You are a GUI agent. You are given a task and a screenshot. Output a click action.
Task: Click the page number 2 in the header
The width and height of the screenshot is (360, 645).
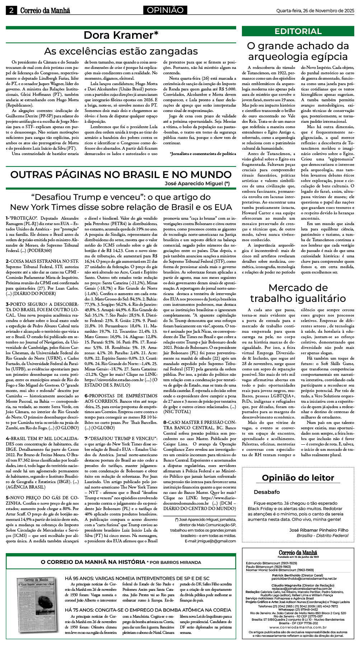pyautogui.click(x=11, y=10)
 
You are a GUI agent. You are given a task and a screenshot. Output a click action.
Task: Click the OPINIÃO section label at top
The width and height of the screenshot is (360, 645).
pyautogui.click(x=165, y=10)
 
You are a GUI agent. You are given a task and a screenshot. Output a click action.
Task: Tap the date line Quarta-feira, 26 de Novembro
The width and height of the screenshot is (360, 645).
pyautogui.click(x=315, y=10)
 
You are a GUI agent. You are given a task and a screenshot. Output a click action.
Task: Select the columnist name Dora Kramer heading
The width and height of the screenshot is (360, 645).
pyautogui.click(x=121, y=35)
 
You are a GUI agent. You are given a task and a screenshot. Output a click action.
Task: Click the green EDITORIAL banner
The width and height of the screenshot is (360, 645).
pyautogui.click(x=298, y=31)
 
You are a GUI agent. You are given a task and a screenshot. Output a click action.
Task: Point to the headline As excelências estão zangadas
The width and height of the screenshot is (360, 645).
pyautogui.click(x=121, y=51)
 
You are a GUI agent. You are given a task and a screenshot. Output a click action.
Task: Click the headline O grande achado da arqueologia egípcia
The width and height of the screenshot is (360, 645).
pyautogui.click(x=298, y=51)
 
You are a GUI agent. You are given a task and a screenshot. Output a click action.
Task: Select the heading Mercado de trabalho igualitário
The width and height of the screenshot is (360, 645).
pyautogui.click(x=298, y=293)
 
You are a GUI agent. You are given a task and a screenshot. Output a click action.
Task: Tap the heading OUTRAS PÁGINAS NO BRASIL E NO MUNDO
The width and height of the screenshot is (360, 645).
pyautogui.click(x=121, y=175)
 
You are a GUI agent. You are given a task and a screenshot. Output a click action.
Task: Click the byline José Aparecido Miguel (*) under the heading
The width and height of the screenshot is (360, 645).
pyautogui.click(x=197, y=183)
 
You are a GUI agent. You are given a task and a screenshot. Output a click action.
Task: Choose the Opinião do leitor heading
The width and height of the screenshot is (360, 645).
pyautogui.click(x=298, y=478)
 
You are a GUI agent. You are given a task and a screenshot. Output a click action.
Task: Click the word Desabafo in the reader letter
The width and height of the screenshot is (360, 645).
pyautogui.click(x=267, y=492)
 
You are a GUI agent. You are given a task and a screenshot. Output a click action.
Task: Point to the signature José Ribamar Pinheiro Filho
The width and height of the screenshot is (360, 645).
pyautogui.click(x=319, y=530)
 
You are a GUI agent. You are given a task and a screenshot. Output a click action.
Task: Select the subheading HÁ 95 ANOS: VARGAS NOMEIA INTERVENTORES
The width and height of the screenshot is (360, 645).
pyautogui.click(x=137, y=578)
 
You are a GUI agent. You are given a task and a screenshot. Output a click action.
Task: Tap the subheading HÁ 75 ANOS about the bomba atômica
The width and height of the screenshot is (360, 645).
pyautogui.click(x=148, y=610)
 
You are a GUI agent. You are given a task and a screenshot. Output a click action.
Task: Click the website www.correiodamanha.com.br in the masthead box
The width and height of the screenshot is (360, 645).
pyautogui.click(x=298, y=627)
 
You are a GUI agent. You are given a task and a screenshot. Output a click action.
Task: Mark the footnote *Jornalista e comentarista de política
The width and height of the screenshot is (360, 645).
pyautogui.click(x=203, y=154)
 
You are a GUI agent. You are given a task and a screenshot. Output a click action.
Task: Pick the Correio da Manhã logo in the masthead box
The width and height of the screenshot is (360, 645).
pyautogui.click(x=298, y=553)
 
